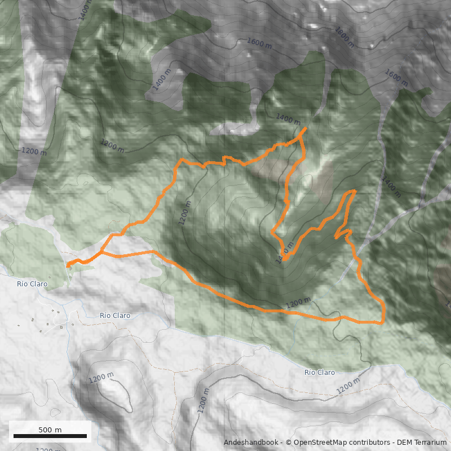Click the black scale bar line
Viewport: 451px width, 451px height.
(50, 436)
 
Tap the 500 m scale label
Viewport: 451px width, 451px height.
(50, 430)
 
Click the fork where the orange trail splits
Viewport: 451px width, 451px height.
(101, 252)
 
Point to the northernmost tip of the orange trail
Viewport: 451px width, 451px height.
(306, 129)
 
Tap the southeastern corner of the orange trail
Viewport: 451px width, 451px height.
(383, 323)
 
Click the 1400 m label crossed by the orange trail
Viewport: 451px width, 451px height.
(285, 254)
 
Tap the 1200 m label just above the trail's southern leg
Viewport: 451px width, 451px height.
(298, 303)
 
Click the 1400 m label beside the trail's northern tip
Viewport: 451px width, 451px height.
(288, 119)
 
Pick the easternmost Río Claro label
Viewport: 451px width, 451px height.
(320, 373)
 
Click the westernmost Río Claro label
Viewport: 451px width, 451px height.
(32, 284)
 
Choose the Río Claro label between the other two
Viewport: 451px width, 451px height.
(115, 316)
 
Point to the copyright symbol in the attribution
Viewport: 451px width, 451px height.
(289, 443)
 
